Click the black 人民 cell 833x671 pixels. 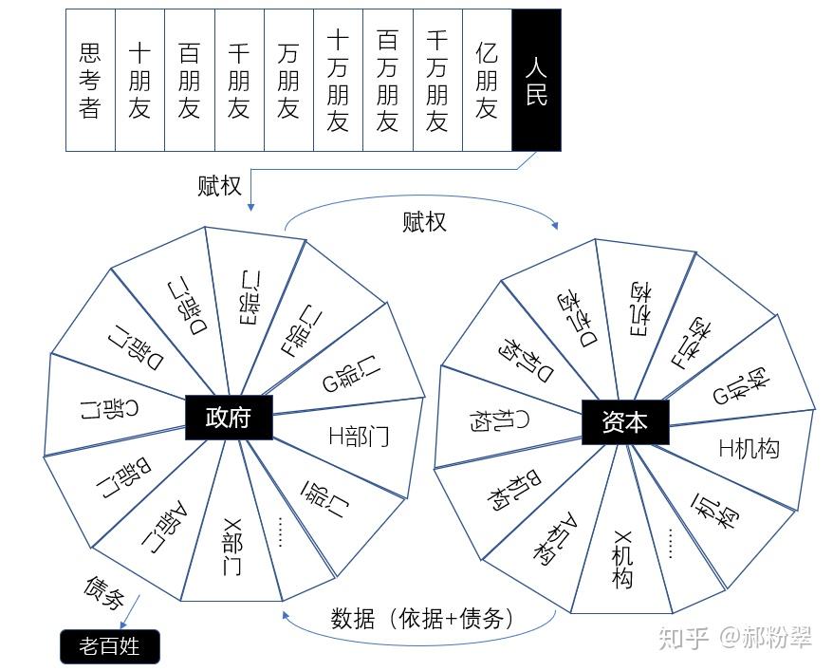click(536, 81)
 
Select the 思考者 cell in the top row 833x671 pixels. click(90, 81)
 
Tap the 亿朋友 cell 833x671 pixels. click(487, 81)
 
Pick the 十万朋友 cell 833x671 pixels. click(338, 81)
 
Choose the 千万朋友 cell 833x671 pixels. click(437, 81)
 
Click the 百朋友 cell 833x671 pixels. click(189, 81)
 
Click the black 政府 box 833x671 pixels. click(229, 417)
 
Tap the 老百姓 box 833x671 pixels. click(110, 647)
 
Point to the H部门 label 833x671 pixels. click(359, 437)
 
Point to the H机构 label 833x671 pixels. click(750, 448)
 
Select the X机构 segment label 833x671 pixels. click(622, 559)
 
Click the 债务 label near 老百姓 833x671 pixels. click(104, 592)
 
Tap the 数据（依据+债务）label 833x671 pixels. click(423, 619)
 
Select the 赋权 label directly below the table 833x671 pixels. click(219, 186)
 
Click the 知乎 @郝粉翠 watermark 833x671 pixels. click(736, 637)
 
